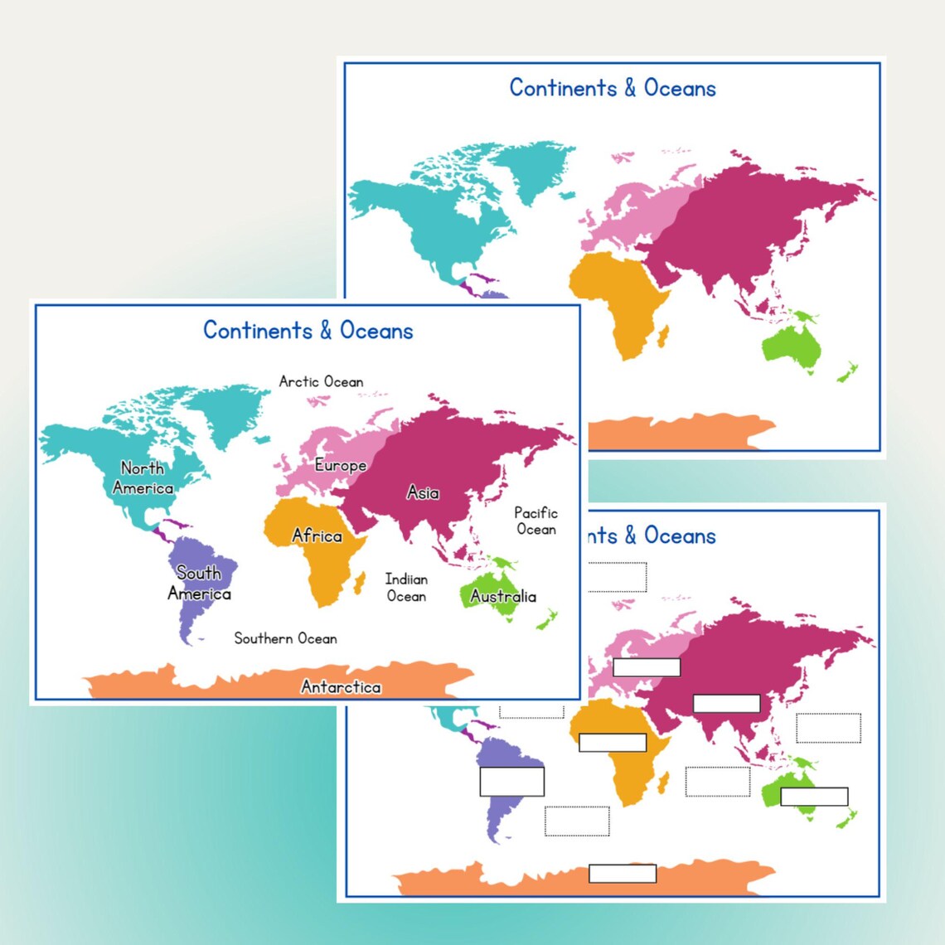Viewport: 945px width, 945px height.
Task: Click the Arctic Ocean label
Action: [321, 381]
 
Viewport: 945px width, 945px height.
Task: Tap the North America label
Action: [143, 478]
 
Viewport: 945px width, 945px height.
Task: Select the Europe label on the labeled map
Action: [340, 465]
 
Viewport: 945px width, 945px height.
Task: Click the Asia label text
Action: [423, 492]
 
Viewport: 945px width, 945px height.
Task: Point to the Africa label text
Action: [317, 535]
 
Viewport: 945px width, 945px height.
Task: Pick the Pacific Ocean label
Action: [535, 521]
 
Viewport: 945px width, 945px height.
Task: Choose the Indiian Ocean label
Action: [406, 587]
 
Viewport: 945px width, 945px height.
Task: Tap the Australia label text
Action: [502, 596]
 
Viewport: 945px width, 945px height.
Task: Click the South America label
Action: [199, 583]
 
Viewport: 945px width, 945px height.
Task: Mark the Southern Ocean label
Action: [285, 638]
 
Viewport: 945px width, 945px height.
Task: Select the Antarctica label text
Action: [341, 686]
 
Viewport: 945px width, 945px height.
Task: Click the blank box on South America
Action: [511, 782]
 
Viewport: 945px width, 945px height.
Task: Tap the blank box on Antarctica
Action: [623, 873]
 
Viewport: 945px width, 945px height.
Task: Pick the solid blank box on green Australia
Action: [814, 797]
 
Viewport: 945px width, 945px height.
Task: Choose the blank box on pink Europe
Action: [647, 666]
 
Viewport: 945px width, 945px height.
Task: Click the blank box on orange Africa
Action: [613, 742]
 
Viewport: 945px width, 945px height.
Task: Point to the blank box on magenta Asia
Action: [726, 703]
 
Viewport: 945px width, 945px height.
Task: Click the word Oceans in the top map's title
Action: [680, 88]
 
